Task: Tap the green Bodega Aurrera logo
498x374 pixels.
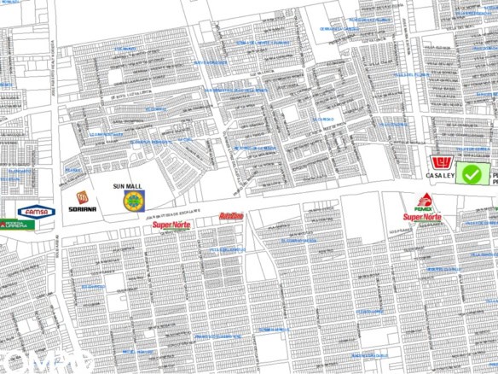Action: (x=15, y=225)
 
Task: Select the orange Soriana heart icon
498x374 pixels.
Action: (x=82, y=180)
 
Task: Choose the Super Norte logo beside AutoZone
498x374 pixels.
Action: (x=171, y=225)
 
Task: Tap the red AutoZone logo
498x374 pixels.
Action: (x=231, y=216)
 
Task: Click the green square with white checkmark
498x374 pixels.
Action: (x=472, y=174)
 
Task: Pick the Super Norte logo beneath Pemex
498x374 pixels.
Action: (x=423, y=218)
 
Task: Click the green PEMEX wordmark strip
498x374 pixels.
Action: (x=424, y=208)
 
